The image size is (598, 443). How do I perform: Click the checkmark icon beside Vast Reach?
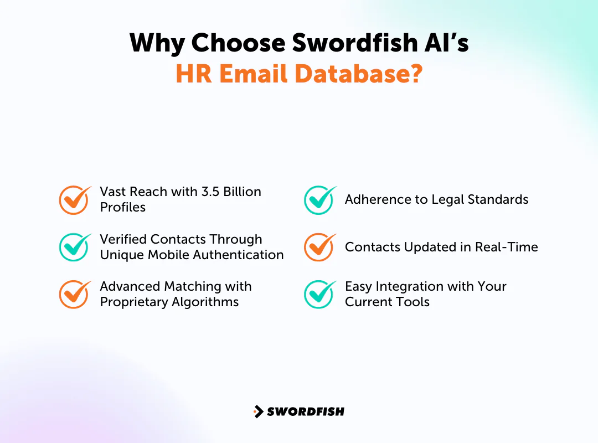tap(74, 200)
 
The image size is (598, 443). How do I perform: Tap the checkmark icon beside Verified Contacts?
tap(74, 247)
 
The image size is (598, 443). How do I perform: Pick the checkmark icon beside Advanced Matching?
tap(74, 294)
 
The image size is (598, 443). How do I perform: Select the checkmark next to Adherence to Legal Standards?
tap(319, 200)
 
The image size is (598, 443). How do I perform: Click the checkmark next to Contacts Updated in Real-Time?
tap(319, 247)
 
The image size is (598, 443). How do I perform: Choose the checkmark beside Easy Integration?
tap(319, 294)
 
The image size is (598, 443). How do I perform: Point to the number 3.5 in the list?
tap(209, 192)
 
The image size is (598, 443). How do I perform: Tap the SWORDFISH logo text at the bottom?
tap(306, 411)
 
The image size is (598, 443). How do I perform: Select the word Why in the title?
tap(157, 43)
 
